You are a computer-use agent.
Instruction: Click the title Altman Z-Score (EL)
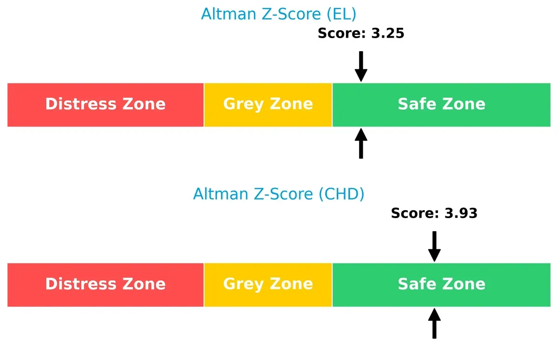click(279, 14)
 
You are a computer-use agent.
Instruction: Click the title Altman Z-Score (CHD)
click(279, 194)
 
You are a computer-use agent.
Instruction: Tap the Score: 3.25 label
click(361, 33)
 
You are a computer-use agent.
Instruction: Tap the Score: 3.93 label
click(434, 213)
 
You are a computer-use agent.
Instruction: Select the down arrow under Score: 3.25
click(361, 67)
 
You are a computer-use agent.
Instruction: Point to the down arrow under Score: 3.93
click(434, 247)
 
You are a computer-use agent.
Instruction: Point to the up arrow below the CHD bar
click(434, 323)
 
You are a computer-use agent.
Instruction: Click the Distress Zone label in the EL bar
click(106, 104)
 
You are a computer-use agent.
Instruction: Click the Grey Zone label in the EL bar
click(268, 104)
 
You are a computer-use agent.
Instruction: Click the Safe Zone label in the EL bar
click(441, 104)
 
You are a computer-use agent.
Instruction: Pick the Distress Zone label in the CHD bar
click(106, 284)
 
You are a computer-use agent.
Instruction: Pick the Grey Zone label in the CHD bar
click(268, 284)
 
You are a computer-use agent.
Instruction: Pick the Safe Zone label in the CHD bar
click(441, 284)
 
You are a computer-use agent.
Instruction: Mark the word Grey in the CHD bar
click(243, 284)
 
